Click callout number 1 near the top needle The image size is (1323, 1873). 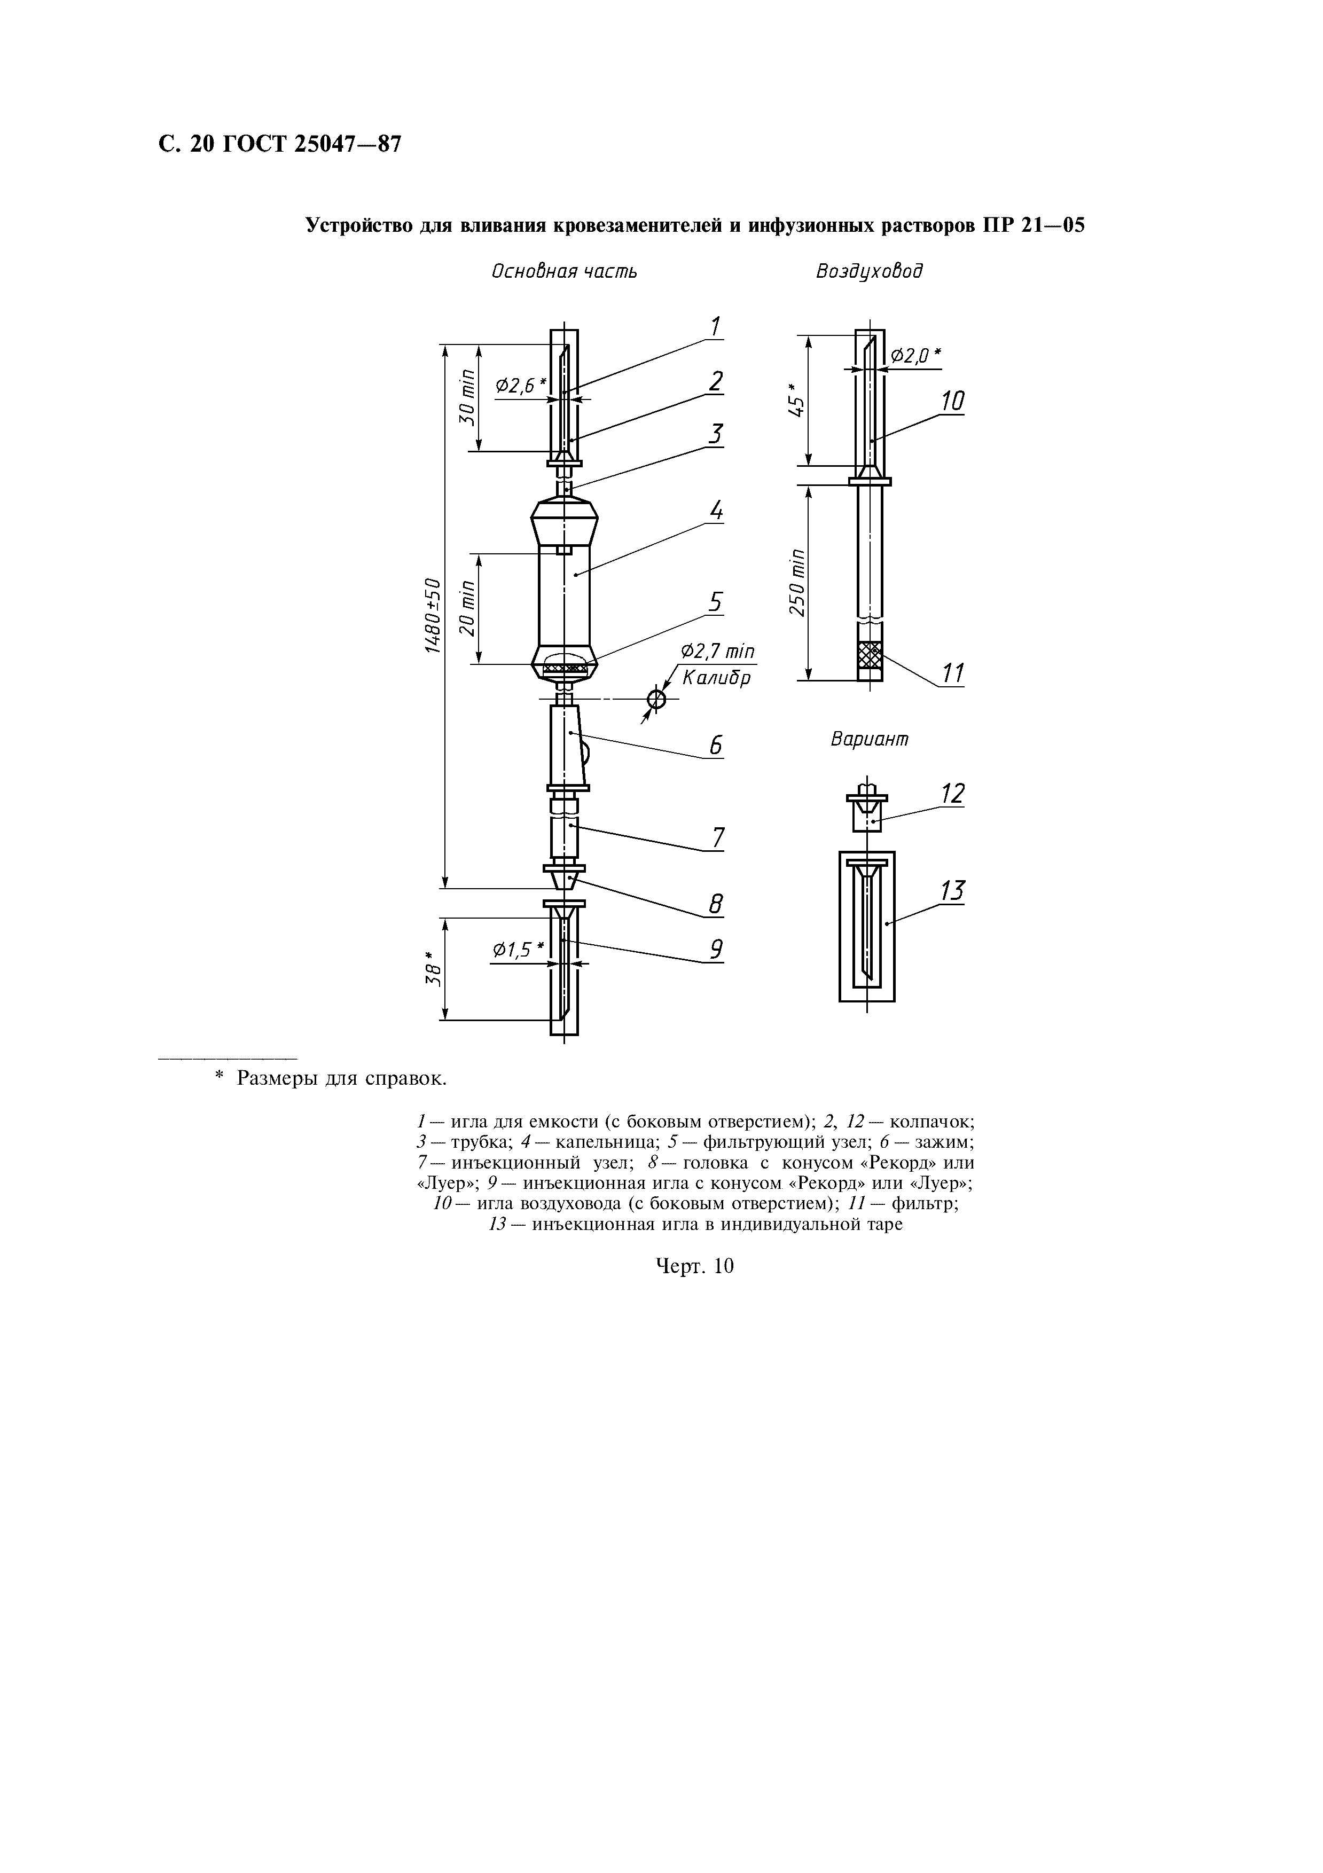pyautogui.click(x=715, y=327)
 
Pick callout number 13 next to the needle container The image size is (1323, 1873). pyautogui.click(x=952, y=891)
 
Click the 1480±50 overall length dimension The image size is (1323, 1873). pyautogui.click(x=433, y=616)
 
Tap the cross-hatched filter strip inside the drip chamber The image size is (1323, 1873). pyautogui.click(x=565, y=669)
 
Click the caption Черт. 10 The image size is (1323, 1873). pyautogui.click(x=695, y=1266)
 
